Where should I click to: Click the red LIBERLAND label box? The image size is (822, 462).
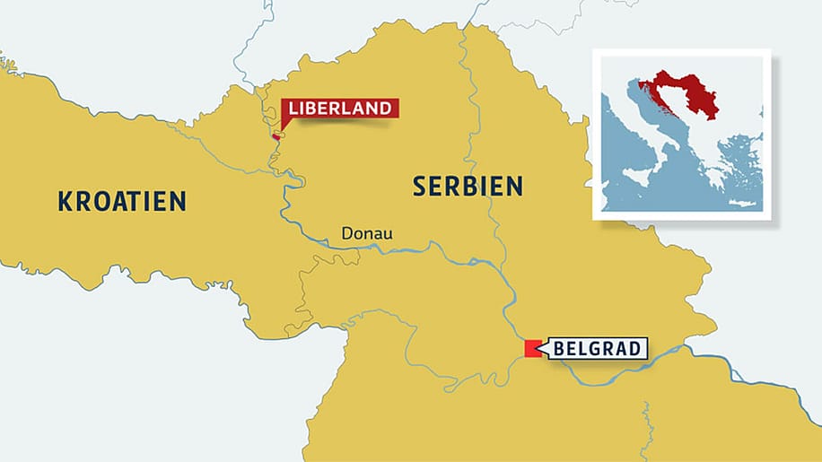340,109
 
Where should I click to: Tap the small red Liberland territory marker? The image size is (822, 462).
276,137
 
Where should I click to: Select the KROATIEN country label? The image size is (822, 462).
122,201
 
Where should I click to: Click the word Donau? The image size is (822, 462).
366,234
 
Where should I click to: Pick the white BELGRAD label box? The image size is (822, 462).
598,349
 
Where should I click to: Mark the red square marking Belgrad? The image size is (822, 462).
532,349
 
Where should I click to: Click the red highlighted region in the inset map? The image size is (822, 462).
686,93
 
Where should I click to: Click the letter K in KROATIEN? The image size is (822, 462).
66,201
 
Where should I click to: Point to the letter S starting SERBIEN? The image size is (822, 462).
419,186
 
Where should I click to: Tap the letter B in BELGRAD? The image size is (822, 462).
559,349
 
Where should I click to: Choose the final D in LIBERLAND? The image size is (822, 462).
386,109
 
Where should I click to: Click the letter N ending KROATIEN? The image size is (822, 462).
179,201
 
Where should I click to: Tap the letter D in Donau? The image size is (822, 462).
346,234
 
